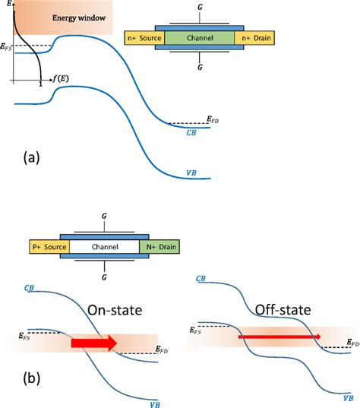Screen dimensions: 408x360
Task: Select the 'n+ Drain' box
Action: coord(254,37)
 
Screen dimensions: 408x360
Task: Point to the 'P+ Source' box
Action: coord(49,247)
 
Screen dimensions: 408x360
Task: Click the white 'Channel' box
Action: coord(106,247)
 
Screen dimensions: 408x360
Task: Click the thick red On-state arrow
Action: coord(93,344)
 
